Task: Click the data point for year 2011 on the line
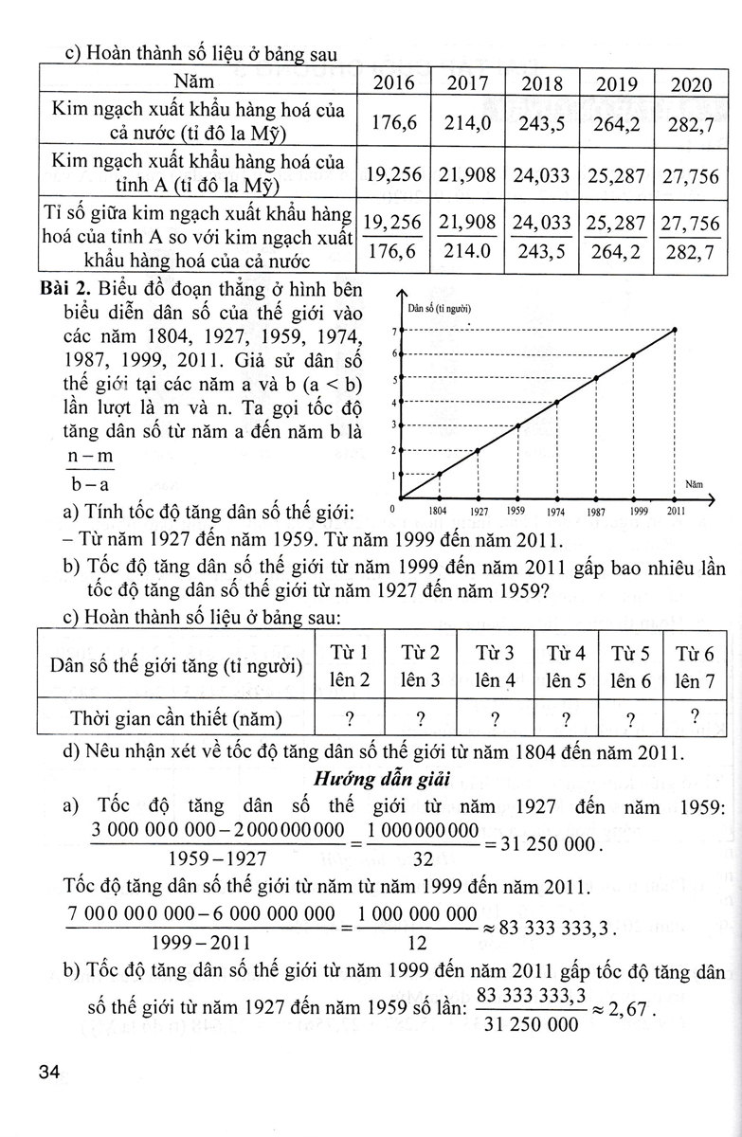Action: click(675, 330)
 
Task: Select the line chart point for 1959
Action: click(518, 425)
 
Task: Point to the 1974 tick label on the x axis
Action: click(556, 514)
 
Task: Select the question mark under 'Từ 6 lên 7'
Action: click(696, 716)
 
